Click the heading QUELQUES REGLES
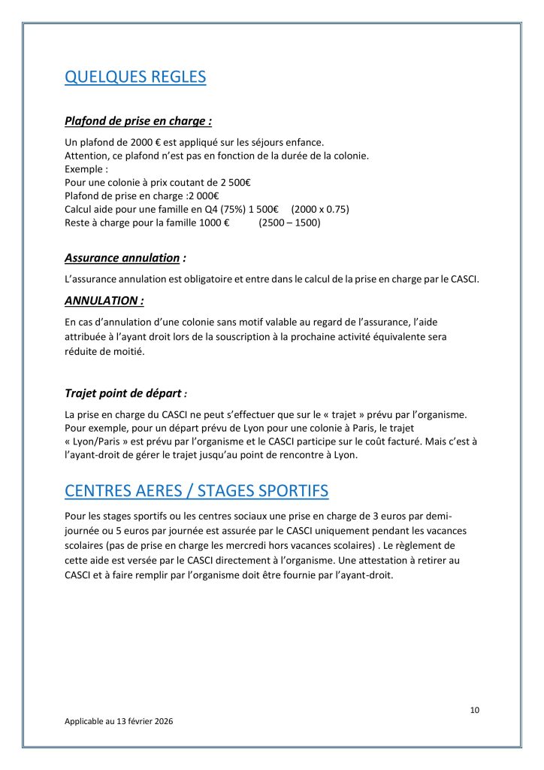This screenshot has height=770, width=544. (135, 77)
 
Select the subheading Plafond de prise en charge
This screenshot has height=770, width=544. (138, 120)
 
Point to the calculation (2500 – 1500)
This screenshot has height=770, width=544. (289, 223)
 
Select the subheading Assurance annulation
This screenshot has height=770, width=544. (122, 258)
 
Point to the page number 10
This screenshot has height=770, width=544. (474, 710)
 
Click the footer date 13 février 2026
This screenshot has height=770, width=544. (143, 720)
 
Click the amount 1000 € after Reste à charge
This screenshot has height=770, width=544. (214, 223)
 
